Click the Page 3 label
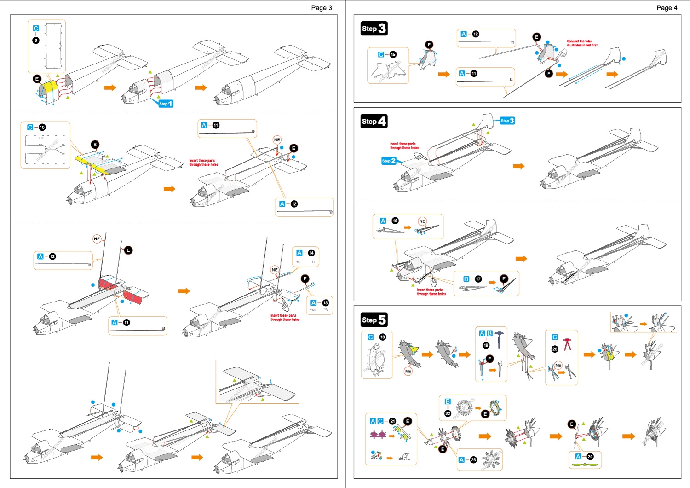[x=321, y=8]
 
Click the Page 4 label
[x=667, y=8]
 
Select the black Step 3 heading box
[x=374, y=29]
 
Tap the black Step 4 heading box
[x=374, y=121]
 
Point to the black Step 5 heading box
[x=374, y=320]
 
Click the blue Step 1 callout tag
[x=166, y=104]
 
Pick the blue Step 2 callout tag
[x=389, y=161]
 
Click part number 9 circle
[x=36, y=40]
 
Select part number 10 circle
[x=42, y=128]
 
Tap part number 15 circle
[x=393, y=54]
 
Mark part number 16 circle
[x=395, y=221]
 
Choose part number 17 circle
[x=478, y=279]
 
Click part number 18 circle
[x=383, y=337]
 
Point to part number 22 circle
[x=448, y=413]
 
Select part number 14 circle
[x=311, y=253]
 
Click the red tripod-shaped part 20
[x=568, y=344]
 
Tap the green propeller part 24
[x=585, y=465]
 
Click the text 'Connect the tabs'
[x=579, y=41]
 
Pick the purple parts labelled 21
[x=378, y=434]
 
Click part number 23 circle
[x=473, y=459]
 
